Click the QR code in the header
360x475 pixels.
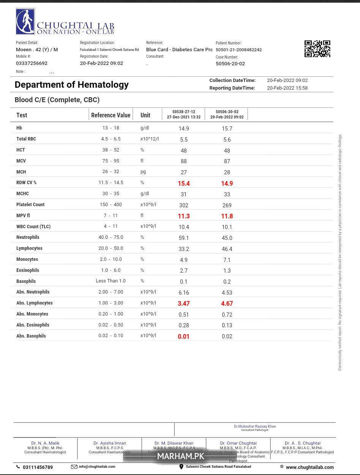tap(317, 49)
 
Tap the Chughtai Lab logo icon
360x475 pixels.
tap(25, 22)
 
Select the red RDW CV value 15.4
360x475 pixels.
tap(184, 183)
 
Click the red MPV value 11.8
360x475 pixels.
tap(227, 216)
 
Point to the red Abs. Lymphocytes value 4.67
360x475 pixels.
tap(227, 303)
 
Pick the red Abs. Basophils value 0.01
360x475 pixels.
tap(184, 336)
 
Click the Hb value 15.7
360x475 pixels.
tap(227, 129)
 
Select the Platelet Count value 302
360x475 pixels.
tap(184, 205)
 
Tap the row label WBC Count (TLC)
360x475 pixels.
tap(33, 226)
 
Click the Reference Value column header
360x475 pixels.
tap(111, 115)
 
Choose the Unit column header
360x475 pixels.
tap(145, 115)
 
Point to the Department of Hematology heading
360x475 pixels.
tap(71, 85)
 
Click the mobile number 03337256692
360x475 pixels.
tap(32, 63)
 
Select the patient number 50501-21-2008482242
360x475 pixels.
tap(238, 50)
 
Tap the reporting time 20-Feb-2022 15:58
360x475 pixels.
tap(287, 88)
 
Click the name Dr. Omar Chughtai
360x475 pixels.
tap(238, 443)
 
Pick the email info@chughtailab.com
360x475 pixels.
tap(97, 467)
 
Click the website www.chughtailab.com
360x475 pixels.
tap(309, 467)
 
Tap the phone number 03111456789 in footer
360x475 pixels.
tap(38, 467)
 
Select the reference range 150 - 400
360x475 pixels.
tap(111, 205)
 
